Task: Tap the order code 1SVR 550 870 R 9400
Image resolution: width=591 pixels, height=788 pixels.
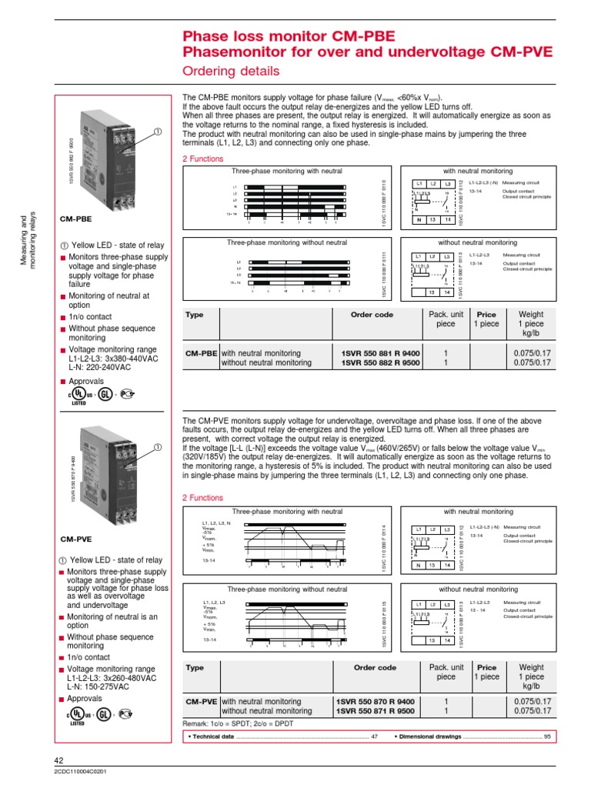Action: (x=376, y=702)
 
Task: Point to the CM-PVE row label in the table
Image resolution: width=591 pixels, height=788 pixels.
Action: (x=200, y=702)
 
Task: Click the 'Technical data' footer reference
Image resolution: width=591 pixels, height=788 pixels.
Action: (x=211, y=737)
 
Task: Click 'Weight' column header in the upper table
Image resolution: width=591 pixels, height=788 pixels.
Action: (x=531, y=314)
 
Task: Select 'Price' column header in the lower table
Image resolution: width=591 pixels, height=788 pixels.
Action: (x=486, y=668)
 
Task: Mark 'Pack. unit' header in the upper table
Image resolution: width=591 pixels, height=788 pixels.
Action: (x=446, y=314)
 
